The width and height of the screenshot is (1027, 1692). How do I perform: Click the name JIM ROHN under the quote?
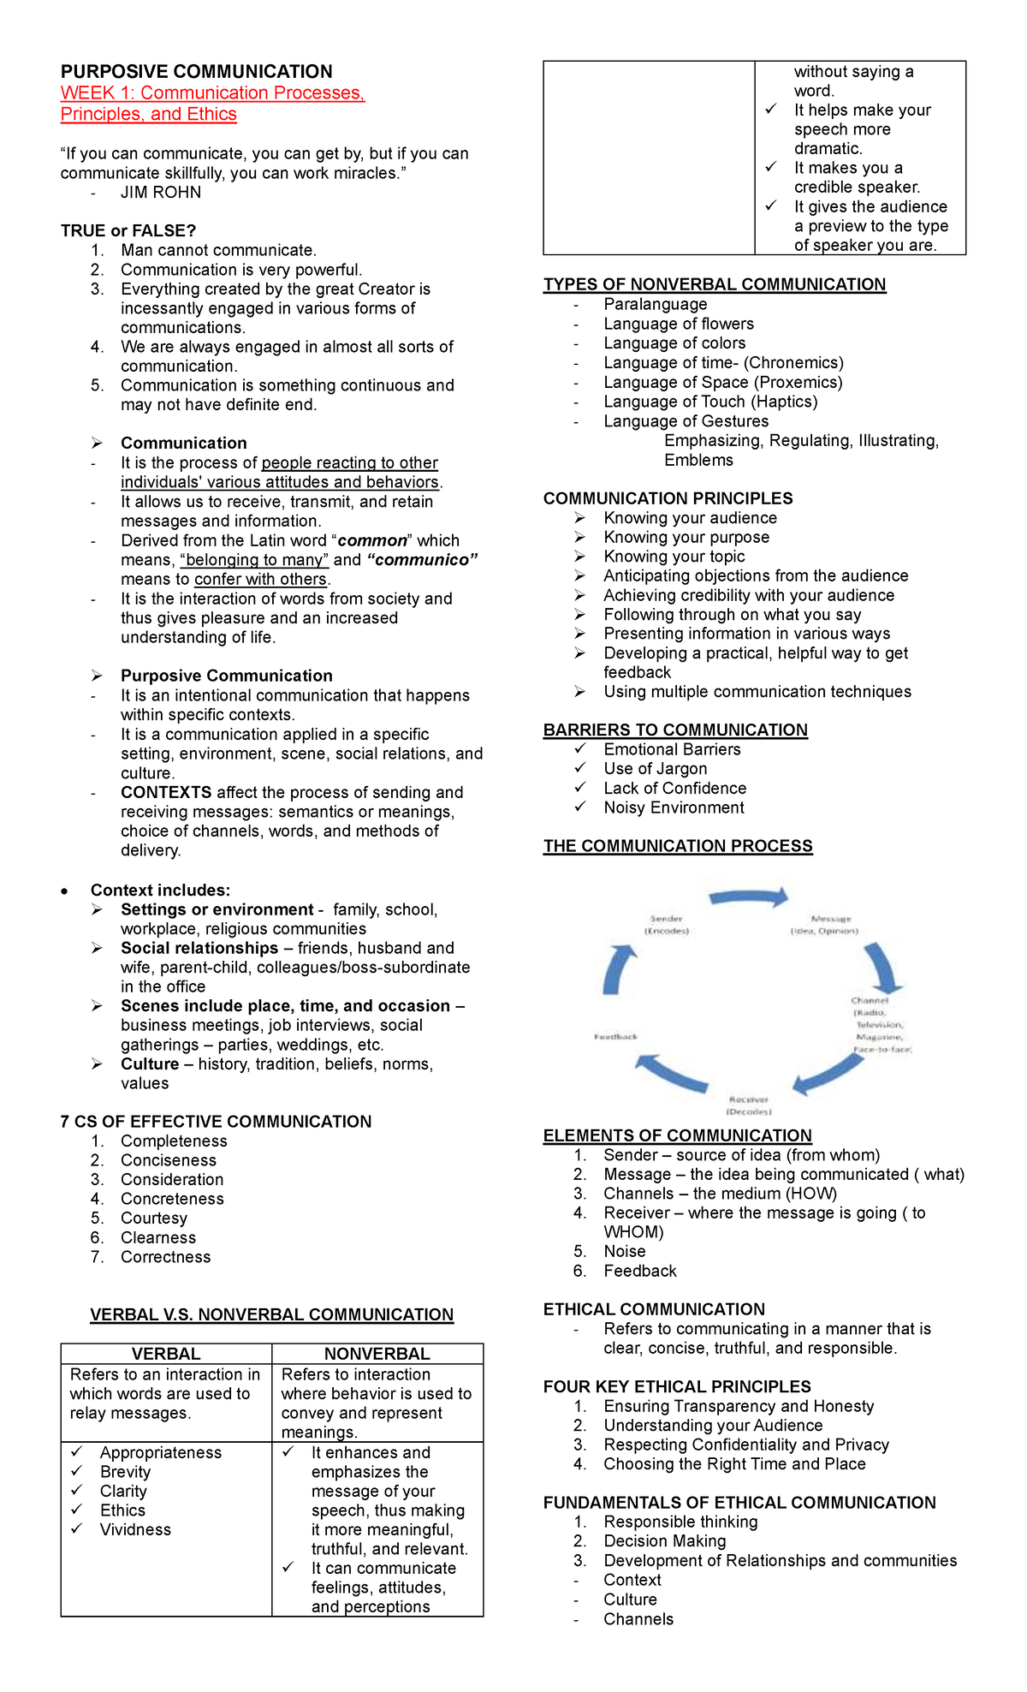tap(161, 193)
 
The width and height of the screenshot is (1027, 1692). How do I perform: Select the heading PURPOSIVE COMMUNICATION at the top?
tap(196, 72)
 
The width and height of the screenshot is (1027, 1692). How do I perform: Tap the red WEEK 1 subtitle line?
tap(212, 93)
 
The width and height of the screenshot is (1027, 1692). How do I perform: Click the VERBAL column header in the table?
tap(166, 1354)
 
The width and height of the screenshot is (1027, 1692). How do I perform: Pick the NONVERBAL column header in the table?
tap(377, 1354)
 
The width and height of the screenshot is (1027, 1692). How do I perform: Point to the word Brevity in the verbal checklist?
tap(125, 1472)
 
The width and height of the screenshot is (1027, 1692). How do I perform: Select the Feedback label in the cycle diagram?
tap(615, 1037)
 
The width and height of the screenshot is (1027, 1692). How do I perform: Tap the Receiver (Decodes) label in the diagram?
tap(749, 1105)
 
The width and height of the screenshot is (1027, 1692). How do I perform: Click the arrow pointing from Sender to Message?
tap(749, 897)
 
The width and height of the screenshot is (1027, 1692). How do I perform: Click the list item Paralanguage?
tap(656, 305)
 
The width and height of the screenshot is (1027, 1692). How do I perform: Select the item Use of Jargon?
tap(656, 769)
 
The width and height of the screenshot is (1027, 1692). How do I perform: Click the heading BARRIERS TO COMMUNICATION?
tap(675, 730)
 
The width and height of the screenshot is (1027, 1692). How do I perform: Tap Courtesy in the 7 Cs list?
tap(154, 1218)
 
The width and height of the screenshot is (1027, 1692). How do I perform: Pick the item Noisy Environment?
tap(674, 807)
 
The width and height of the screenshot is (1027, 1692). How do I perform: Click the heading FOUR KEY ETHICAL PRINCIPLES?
tap(677, 1386)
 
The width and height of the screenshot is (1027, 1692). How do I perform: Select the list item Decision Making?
tap(665, 1541)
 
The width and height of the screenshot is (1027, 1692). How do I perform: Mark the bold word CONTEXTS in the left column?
tap(166, 793)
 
